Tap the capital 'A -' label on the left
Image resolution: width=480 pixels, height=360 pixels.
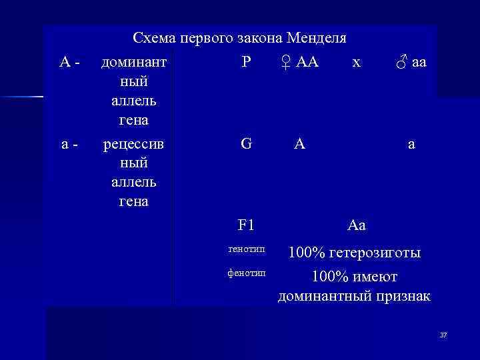(x=69, y=63)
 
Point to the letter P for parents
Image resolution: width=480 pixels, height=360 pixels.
(x=246, y=63)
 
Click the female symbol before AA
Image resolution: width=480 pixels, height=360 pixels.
(x=285, y=63)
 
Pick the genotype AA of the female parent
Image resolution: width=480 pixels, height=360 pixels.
(x=307, y=63)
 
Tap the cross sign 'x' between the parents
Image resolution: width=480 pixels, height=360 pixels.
(x=357, y=63)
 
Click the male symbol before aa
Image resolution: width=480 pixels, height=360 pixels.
(x=401, y=63)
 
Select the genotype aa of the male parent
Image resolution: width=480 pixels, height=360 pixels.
(x=419, y=63)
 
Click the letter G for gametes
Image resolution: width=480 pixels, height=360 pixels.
(x=246, y=144)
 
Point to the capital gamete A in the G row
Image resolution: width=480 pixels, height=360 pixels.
(x=301, y=144)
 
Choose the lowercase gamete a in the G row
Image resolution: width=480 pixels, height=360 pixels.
(x=412, y=145)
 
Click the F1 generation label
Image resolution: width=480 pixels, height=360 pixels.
(x=246, y=225)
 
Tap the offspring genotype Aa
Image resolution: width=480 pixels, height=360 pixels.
(x=357, y=225)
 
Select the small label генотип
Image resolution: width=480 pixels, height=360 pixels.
(x=246, y=249)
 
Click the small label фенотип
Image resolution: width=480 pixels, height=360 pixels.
(x=246, y=273)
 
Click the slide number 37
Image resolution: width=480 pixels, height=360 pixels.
(x=443, y=334)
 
